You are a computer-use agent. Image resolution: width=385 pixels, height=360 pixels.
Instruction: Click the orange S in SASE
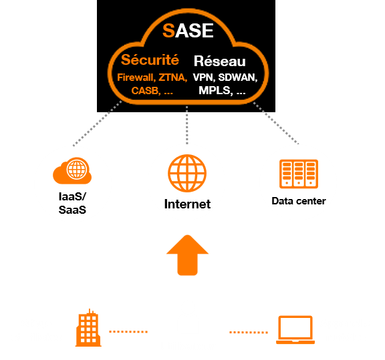tap(168, 31)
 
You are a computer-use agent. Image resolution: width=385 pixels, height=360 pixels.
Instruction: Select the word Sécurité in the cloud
tap(150, 59)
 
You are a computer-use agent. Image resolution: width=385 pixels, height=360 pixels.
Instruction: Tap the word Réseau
tap(219, 61)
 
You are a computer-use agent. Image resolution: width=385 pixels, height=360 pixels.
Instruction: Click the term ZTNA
tap(173, 77)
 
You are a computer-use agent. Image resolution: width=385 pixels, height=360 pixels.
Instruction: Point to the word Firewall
tap(136, 77)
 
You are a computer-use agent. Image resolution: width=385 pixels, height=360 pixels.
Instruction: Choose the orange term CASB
tap(146, 91)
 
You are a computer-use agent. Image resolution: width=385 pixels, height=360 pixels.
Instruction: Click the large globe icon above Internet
tap(187, 173)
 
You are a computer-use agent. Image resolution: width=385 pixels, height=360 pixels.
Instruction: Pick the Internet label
tap(187, 204)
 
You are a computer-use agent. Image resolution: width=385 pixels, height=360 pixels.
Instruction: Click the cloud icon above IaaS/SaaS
tap(72, 171)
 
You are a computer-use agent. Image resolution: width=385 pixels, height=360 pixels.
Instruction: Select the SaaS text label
tap(72, 210)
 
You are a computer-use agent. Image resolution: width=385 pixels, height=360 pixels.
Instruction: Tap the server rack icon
tap(299, 174)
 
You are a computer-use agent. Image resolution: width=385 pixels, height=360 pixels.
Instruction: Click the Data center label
tap(299, 201)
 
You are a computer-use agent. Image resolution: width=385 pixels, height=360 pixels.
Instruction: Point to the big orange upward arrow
tap(187, 255)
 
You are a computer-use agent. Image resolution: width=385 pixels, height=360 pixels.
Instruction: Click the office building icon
tap(88, 328)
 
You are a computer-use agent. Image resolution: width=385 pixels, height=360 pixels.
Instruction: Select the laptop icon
tap(295, 330)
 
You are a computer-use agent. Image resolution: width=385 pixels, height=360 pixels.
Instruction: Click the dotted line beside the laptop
tap(249, 333)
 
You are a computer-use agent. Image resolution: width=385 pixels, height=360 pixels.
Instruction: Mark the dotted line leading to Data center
tap(276, 123)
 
